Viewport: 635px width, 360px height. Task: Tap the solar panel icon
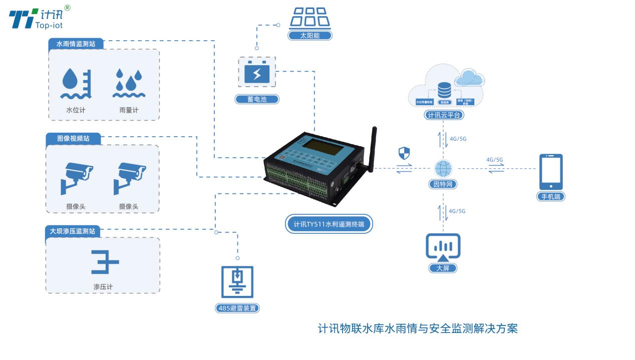pos(310,18)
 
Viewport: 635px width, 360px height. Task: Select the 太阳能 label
pos(310,36)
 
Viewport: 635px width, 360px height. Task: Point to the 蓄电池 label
pos(257,99)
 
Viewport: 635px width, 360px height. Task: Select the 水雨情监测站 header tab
pos(76,44)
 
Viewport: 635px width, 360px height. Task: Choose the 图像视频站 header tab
pos(73,138)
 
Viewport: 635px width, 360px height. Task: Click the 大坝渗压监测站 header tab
pos(72,231)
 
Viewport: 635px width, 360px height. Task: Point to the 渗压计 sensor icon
pos(105,262)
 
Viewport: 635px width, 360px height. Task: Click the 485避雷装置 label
pos(237,308)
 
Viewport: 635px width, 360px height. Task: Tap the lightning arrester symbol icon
pos(237,281)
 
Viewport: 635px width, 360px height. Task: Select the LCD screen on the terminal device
pos(322,146)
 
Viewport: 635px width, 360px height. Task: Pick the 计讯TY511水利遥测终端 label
pos(329,224)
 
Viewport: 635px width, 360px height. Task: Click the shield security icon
pos(404,153)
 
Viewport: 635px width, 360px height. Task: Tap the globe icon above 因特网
pos(443,168)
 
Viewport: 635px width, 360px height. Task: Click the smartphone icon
pos(551,172)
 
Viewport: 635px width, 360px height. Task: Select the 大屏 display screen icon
pos(443,247)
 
